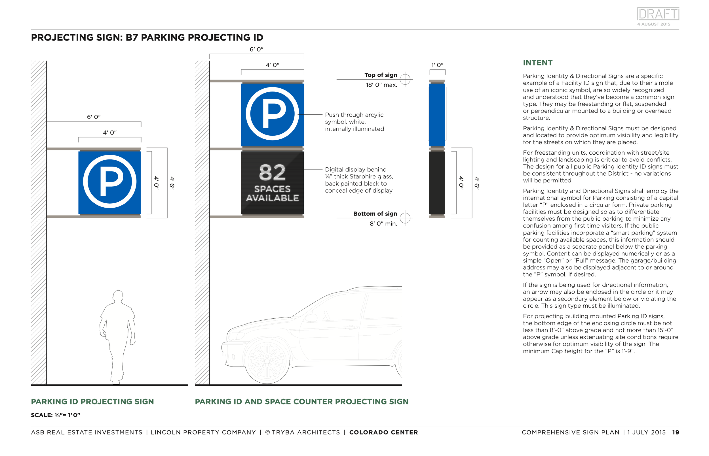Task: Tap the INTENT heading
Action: (537, 63)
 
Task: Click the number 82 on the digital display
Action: (272, 173)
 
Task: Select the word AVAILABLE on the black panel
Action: (272, 198)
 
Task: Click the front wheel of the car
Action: (267, 360)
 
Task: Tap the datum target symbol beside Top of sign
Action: (405, 79)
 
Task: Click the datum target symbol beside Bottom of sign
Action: (405, 218)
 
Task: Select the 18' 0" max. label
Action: (381, 85)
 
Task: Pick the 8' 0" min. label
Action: (383, 224)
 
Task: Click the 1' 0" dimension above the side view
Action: (437, 65)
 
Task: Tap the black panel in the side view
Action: (437, 182)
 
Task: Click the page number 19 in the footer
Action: (675, 432)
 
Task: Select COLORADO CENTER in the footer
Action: (383, 432)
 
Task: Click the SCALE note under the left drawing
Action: (55, 415)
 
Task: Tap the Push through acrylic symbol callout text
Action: (354, 122)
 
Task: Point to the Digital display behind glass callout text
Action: (359, 180)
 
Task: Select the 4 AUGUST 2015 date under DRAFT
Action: (653, 24)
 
